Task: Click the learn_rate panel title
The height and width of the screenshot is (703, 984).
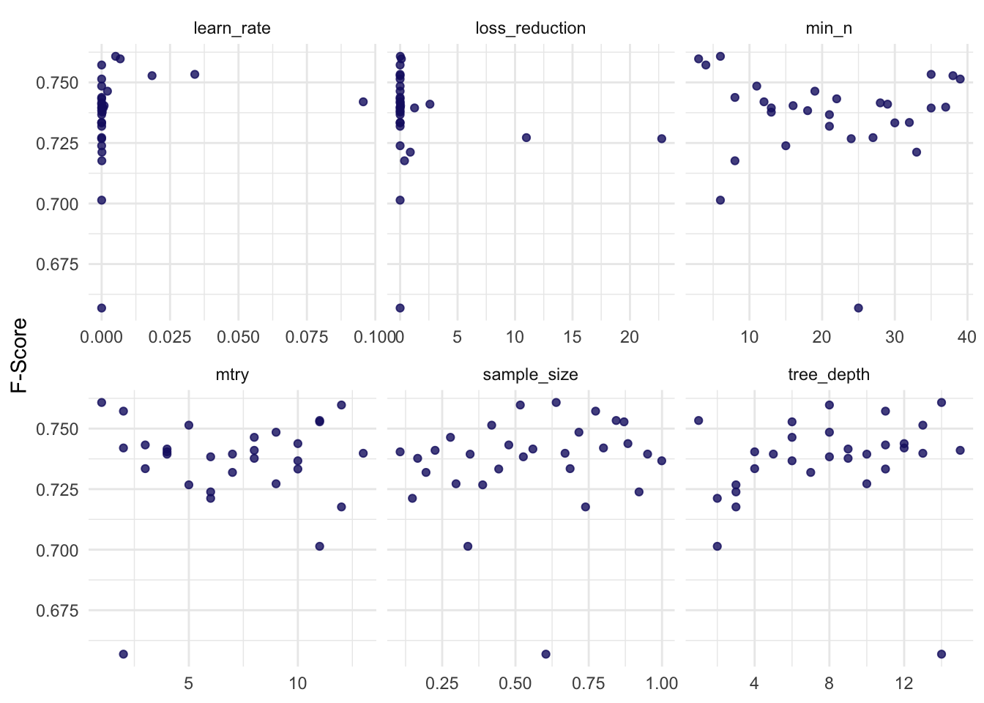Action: point(232,29)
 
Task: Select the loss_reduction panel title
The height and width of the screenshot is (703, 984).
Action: point(530,29)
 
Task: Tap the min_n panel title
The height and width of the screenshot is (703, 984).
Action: point(829,29)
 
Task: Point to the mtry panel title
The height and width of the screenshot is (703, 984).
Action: point(232,375)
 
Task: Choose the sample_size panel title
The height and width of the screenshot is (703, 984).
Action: point(530,375)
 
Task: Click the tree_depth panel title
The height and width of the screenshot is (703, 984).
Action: point(829,375)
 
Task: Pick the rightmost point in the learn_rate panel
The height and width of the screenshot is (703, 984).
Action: point(363,102)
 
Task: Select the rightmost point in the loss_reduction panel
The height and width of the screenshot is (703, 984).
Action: point(661,138)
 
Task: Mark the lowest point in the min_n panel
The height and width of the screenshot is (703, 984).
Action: point(858,308)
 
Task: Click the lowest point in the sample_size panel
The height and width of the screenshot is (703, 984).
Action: point(545,654)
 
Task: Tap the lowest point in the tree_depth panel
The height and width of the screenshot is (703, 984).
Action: point(942,654)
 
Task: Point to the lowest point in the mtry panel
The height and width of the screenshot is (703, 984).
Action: point(123,654)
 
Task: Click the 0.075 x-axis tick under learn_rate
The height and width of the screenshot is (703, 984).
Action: point(307,337)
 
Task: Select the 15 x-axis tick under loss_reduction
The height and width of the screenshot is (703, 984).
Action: point(573,337)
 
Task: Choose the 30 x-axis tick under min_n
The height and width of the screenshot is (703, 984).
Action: point(894,337)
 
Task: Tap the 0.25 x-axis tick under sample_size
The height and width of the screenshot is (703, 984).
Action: point(442,683)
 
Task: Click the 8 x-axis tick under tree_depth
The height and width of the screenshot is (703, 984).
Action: point(829,683)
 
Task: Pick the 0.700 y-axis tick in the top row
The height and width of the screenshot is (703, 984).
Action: point(56,204)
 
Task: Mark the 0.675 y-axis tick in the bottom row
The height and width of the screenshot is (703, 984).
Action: point(56,610)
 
